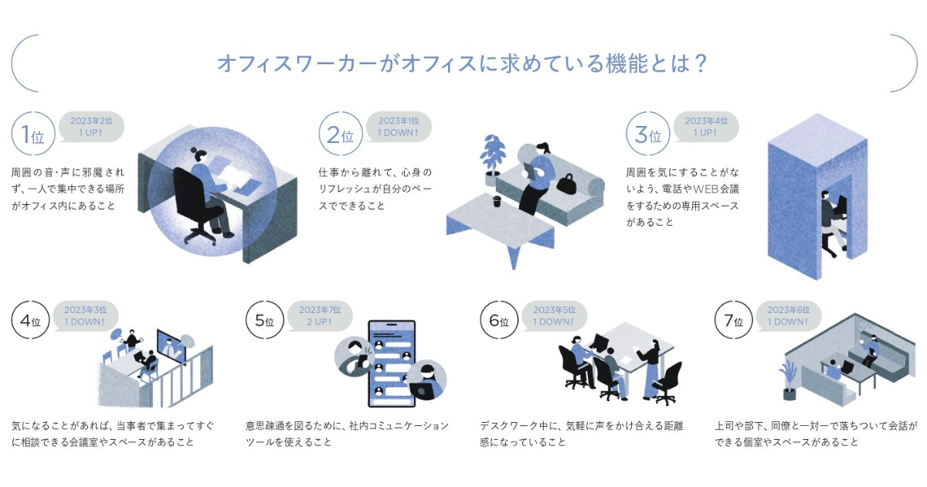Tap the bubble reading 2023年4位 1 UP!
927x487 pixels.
pos(705,127)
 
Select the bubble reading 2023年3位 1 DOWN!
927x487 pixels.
pos(86,315)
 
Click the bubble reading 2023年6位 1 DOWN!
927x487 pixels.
pos(788,315)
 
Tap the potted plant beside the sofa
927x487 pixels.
pos(491,158)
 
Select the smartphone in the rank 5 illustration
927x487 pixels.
pos(390,363)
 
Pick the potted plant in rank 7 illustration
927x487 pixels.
pos(789,379)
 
